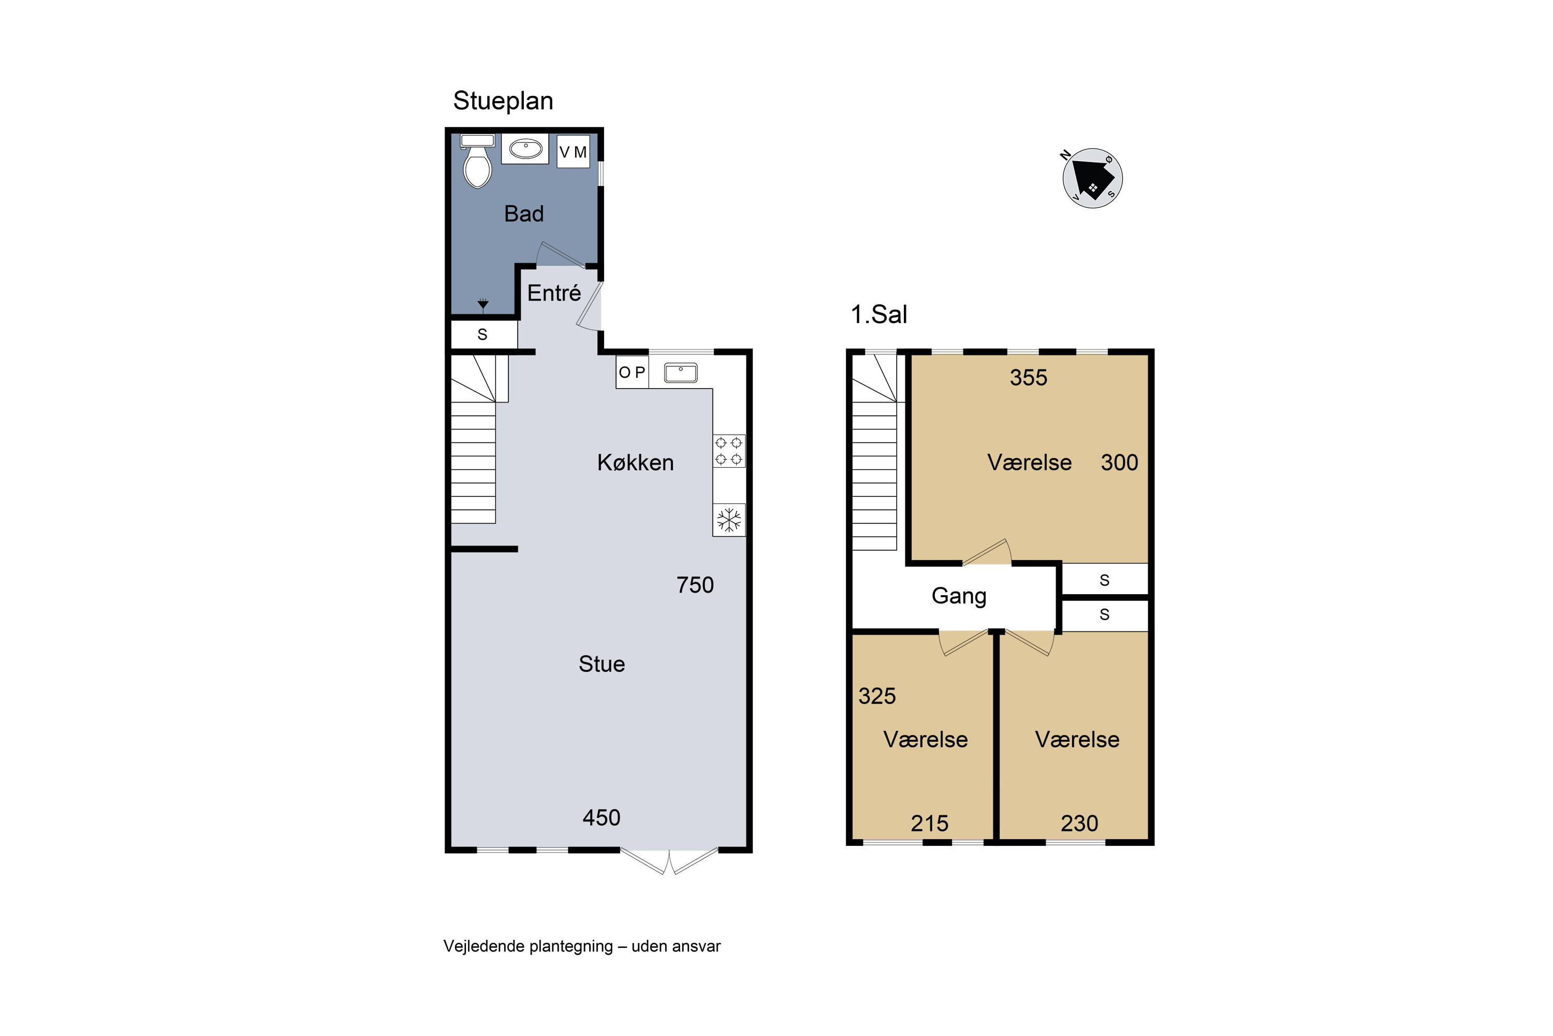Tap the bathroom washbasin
(x=525, y=149)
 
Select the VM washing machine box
(x=573, y=152)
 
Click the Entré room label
(x=554, y=293)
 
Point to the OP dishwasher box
(x=633, y=372)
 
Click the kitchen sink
(x=681, y=372)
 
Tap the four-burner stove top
(x=729, y=451)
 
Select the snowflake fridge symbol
(x=729, y=520)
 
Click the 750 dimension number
(x=695, y=585)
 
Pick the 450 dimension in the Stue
(x=601, y=818)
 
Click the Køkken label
(x=635, y=463)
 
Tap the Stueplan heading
(x=503, y=101)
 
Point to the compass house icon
(x=1093, y=178)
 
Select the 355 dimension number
(x=1028, y=377)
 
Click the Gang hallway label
(x=959, y=597)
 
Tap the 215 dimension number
(x=929, y=823)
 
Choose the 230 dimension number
(x=1079, y=823)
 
